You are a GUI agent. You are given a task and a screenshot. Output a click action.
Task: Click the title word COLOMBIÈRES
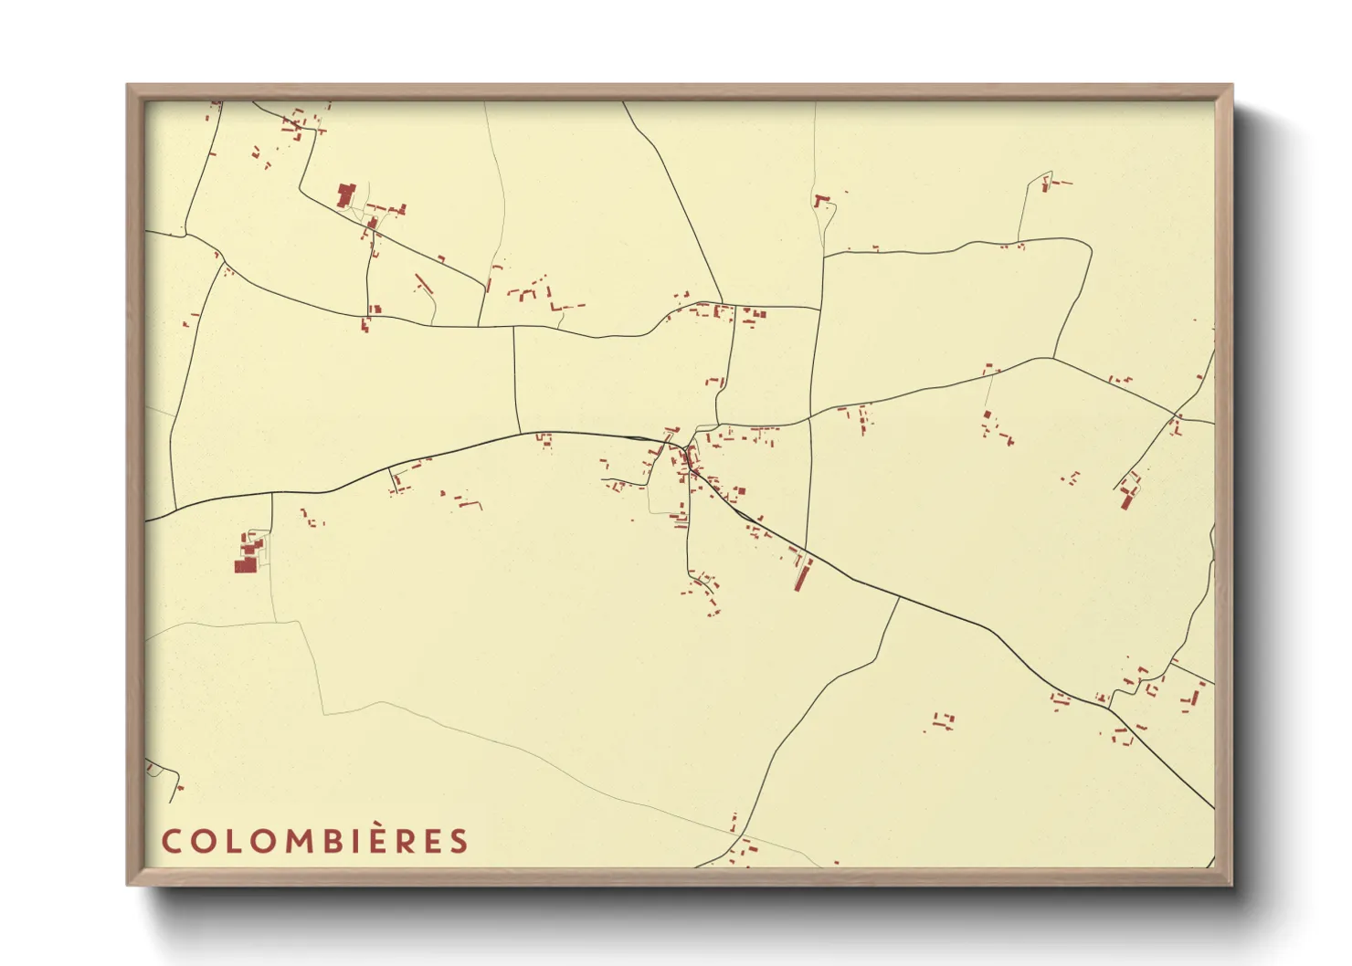coord(314,841)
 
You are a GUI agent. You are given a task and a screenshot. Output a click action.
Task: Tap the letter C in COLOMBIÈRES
coord(170,841)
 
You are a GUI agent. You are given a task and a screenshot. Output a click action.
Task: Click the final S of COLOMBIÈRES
coord(459,841)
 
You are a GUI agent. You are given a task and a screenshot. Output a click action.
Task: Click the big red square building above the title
coord(245,566)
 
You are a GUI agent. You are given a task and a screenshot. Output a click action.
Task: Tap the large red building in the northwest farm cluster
coord(345,194)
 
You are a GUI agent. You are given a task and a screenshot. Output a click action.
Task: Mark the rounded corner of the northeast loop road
coord(1087,247)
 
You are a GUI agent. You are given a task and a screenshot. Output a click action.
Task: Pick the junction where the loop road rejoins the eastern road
coord(1053,357)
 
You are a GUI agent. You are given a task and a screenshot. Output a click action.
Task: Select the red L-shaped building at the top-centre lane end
coord(819,199)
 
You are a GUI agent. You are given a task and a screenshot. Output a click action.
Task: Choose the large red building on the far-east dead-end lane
coord(1127,499)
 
